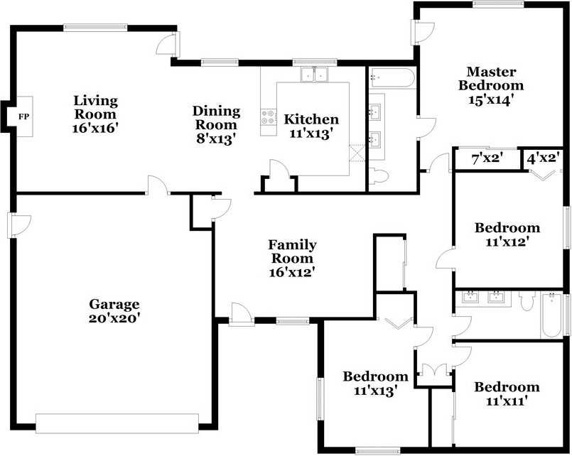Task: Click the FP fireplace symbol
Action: [23, 116]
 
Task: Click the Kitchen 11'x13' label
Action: [311, 126]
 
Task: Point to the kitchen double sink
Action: [314, 73]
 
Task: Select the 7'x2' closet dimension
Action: [487, 159]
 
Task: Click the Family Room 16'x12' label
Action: [291, 257]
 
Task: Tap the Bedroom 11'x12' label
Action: [507, 234]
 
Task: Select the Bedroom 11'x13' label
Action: [375, 383]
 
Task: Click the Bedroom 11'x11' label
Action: [507, 393]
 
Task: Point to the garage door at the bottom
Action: [117, 423]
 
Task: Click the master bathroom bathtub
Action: [392, 77]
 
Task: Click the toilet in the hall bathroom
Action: [527, 303]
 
